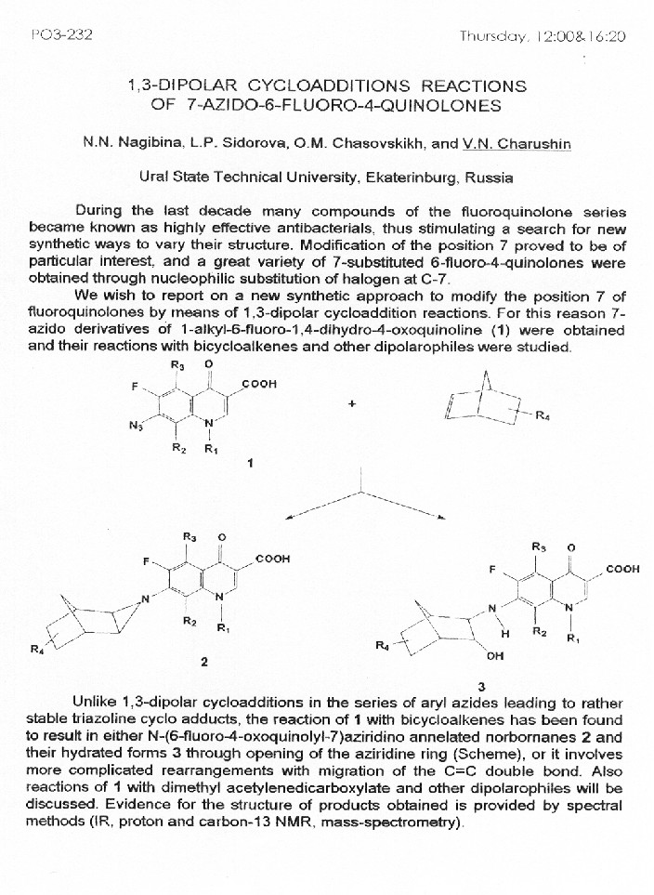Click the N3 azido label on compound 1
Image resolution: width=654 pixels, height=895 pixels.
(136, 428)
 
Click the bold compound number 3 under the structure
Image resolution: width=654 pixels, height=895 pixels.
(483, 686)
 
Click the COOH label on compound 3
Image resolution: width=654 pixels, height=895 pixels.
(621, 568)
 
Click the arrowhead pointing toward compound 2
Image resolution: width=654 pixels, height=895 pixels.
(292, 518)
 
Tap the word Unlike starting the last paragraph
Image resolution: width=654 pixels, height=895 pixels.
(94, 704)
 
